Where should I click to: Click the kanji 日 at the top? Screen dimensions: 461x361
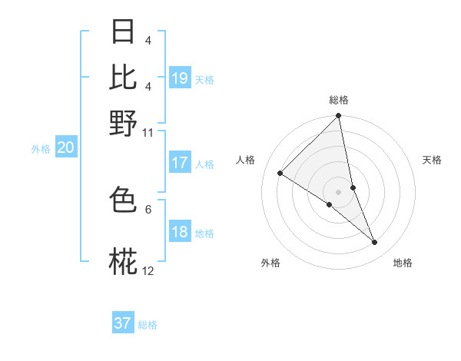124,32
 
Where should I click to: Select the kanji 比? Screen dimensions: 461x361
124,77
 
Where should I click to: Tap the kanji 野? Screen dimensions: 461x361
124,122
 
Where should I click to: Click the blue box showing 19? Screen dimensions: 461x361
180,78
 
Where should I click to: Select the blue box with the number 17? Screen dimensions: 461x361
180,163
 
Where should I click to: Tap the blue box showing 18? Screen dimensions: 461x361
180,233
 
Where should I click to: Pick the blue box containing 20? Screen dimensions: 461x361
65,148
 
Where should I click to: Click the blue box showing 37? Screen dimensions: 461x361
123,323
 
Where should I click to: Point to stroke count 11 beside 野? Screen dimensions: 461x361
148,133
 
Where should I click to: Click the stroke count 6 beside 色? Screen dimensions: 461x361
148,208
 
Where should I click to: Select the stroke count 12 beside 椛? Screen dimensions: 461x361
148,271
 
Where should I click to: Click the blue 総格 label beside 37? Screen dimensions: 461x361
148,325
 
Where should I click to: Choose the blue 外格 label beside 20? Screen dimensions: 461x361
40,149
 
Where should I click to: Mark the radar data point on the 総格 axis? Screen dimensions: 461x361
338,117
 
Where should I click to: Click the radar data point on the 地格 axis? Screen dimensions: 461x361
375,243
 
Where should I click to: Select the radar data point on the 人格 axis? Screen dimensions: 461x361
280,173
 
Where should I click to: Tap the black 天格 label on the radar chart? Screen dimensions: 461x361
432,160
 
